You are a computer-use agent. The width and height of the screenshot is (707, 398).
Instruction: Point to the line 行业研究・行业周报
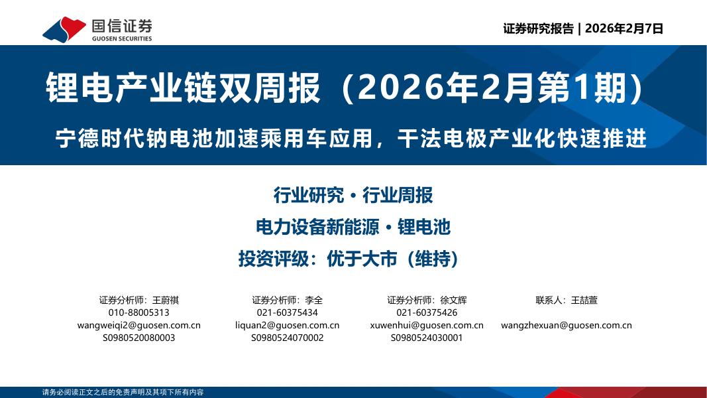(353, 195)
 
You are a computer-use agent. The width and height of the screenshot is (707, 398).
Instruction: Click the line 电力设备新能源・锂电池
(353, 227)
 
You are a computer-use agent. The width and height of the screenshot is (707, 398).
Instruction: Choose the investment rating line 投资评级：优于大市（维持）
(349, 259)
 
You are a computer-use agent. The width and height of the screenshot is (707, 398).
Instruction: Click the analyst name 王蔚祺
(166, 300)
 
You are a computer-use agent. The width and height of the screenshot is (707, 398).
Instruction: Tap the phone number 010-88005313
(138, 312)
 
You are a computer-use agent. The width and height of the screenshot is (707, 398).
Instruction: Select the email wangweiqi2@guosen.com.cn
(138, 325)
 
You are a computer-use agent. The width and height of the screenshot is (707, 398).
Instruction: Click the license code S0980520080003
(138, 338)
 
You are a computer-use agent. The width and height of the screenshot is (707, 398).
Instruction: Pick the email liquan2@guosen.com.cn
(287, 325)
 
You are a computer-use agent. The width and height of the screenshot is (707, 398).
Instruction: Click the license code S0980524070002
(287, 338)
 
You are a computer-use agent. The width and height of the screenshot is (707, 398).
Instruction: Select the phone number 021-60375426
(427, 312)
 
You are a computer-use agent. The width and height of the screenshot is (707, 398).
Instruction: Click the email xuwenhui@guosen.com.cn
(427, 325)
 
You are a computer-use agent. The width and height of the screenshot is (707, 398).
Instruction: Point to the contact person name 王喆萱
(584, 300)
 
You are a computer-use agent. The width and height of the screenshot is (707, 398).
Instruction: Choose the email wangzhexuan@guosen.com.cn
(567, 325)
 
